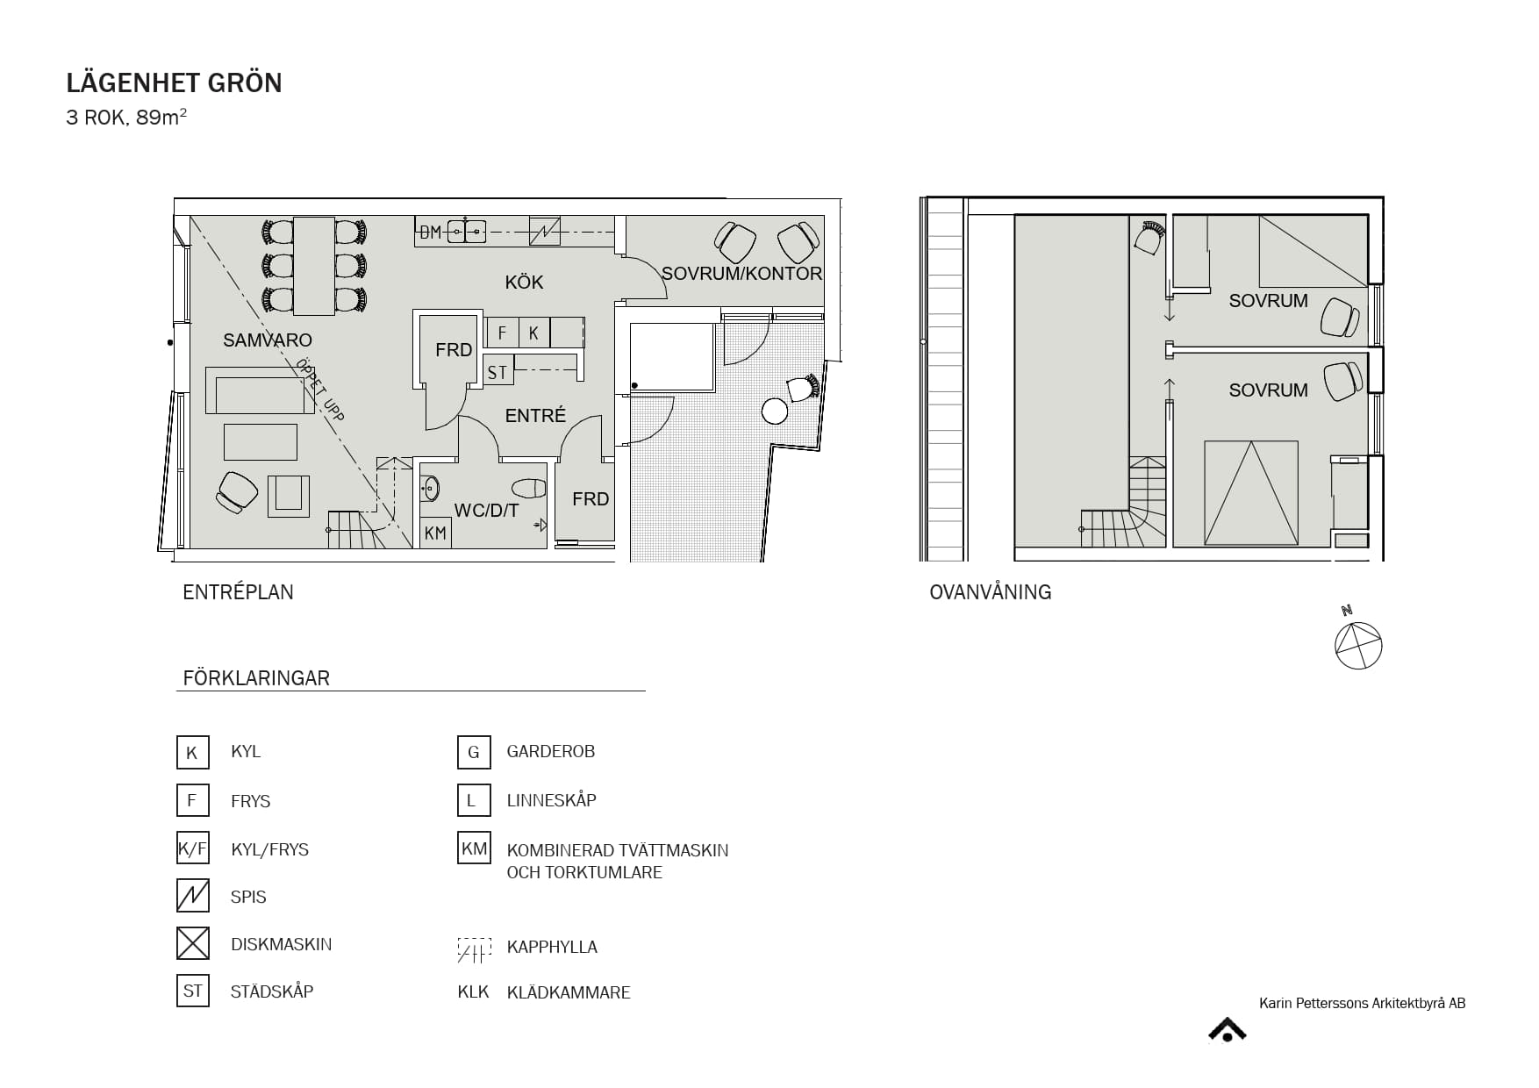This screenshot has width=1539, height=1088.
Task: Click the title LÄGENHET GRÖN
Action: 174,82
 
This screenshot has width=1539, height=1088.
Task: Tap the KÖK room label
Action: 524,283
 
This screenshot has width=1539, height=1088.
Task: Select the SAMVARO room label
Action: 268,340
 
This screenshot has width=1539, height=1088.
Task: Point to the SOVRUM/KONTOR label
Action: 741,274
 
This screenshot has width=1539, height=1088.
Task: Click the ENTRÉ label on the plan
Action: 535,416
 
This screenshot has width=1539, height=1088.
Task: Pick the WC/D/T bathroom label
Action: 486,511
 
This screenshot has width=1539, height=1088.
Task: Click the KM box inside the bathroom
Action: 435,533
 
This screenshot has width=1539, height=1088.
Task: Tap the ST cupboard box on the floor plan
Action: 497,372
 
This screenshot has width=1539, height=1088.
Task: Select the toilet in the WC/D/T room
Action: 527,487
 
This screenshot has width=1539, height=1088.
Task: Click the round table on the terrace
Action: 775,411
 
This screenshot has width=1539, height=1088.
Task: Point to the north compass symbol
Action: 1357,644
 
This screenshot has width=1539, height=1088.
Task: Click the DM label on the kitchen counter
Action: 430,233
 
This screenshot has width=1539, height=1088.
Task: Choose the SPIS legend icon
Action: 193,896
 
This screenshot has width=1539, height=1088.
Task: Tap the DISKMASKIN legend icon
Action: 193,943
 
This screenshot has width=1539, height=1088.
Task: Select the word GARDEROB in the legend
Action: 551,752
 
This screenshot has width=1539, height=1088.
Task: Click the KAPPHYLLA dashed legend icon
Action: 474,950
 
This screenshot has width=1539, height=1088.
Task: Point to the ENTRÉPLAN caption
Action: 238,592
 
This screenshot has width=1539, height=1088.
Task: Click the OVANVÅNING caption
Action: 991,592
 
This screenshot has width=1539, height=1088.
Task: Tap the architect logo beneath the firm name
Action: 1228,1030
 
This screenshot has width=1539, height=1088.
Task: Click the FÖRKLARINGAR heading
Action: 256,678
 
